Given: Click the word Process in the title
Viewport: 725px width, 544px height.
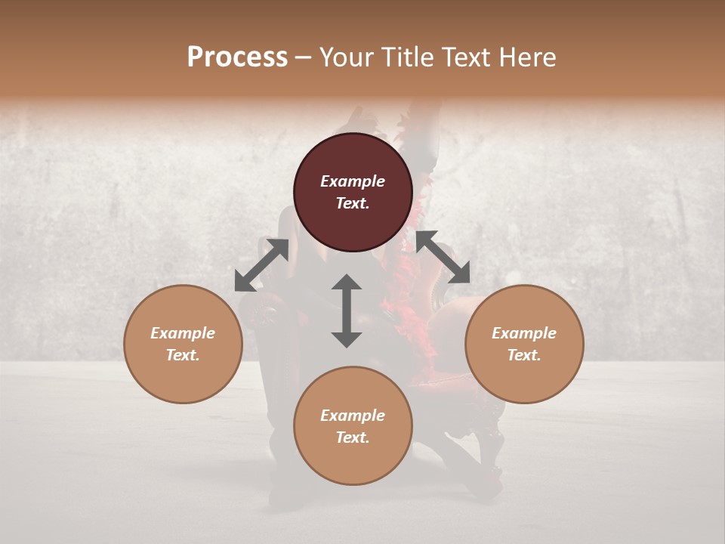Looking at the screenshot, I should tap(237, 57).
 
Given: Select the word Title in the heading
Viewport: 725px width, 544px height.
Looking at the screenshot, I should tap(406, 57).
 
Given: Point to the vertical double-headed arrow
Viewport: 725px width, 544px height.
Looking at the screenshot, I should tap(347, 311).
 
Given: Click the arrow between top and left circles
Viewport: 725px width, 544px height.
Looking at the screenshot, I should tap(261, 265).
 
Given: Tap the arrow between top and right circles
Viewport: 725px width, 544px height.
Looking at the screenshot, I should tap(443, 257).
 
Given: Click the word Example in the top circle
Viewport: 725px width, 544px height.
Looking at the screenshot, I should tap(353, 181).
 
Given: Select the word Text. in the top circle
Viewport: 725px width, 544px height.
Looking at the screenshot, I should tap(353, 203).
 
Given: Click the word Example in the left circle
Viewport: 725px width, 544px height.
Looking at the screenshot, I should tap(183, 333).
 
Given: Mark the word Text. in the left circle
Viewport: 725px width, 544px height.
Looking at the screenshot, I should tap(183, 355).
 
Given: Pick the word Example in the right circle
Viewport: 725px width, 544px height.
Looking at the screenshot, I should tap(524, 333).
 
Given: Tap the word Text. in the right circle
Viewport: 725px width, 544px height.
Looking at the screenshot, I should tap(524, 355).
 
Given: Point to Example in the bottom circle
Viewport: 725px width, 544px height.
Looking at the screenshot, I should tap(353, 416).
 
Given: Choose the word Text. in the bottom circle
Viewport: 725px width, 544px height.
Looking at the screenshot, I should tap(353, 437).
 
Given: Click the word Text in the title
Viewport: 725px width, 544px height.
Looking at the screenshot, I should tap(467, 57).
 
